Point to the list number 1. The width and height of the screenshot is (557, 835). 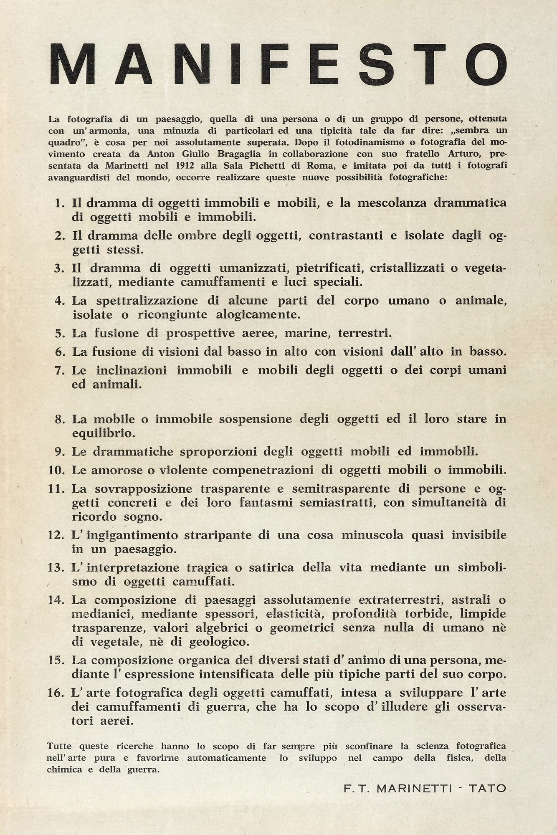coord(60,203)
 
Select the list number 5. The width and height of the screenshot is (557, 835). coord(60,334)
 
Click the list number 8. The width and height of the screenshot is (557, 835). coord(60,419)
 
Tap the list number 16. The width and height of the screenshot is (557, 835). coord(56,693)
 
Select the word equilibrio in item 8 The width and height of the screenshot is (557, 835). coord(104,433)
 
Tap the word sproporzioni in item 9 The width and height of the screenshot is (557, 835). coord(228,451)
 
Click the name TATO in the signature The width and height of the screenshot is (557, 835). coord(487,788)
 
